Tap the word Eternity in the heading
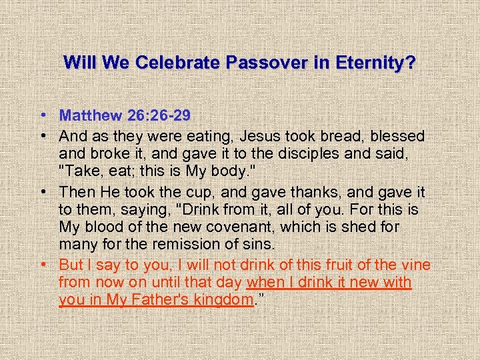tap(376, 63)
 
